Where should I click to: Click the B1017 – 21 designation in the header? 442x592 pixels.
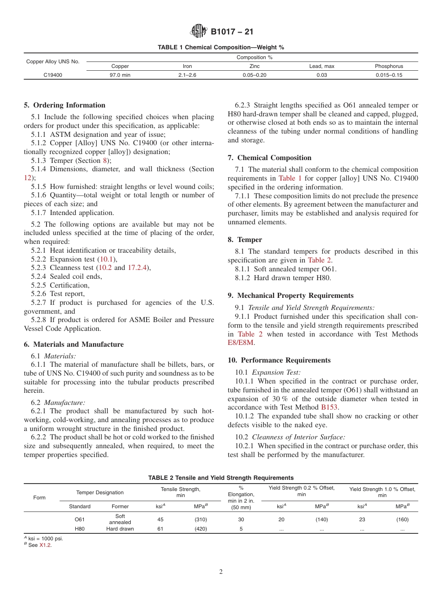232,32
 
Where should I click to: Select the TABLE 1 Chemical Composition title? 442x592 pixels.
221,47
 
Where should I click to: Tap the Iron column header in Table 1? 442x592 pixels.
187,67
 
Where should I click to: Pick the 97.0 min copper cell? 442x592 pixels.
120,75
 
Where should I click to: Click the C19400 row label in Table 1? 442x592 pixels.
53,75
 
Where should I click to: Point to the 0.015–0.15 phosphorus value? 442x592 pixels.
389,75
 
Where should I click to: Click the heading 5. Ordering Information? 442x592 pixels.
65,105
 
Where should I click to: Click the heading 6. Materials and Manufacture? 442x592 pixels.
74,344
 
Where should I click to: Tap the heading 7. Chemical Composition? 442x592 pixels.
269,158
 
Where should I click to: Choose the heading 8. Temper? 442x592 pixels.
245,240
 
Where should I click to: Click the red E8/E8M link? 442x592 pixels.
241,343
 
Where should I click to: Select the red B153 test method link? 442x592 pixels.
329,407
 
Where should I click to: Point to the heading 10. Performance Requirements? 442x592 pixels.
279,360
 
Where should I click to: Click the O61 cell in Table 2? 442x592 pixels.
80,519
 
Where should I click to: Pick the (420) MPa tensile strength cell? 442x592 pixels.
201,529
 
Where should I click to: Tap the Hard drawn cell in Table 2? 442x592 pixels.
120,529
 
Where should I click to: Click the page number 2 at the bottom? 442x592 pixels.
221,572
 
